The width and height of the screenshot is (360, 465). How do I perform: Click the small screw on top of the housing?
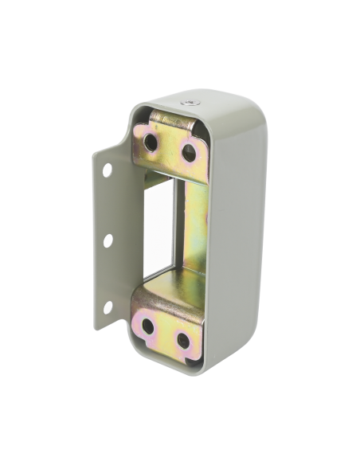188,103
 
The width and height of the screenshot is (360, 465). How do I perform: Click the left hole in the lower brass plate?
147,327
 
